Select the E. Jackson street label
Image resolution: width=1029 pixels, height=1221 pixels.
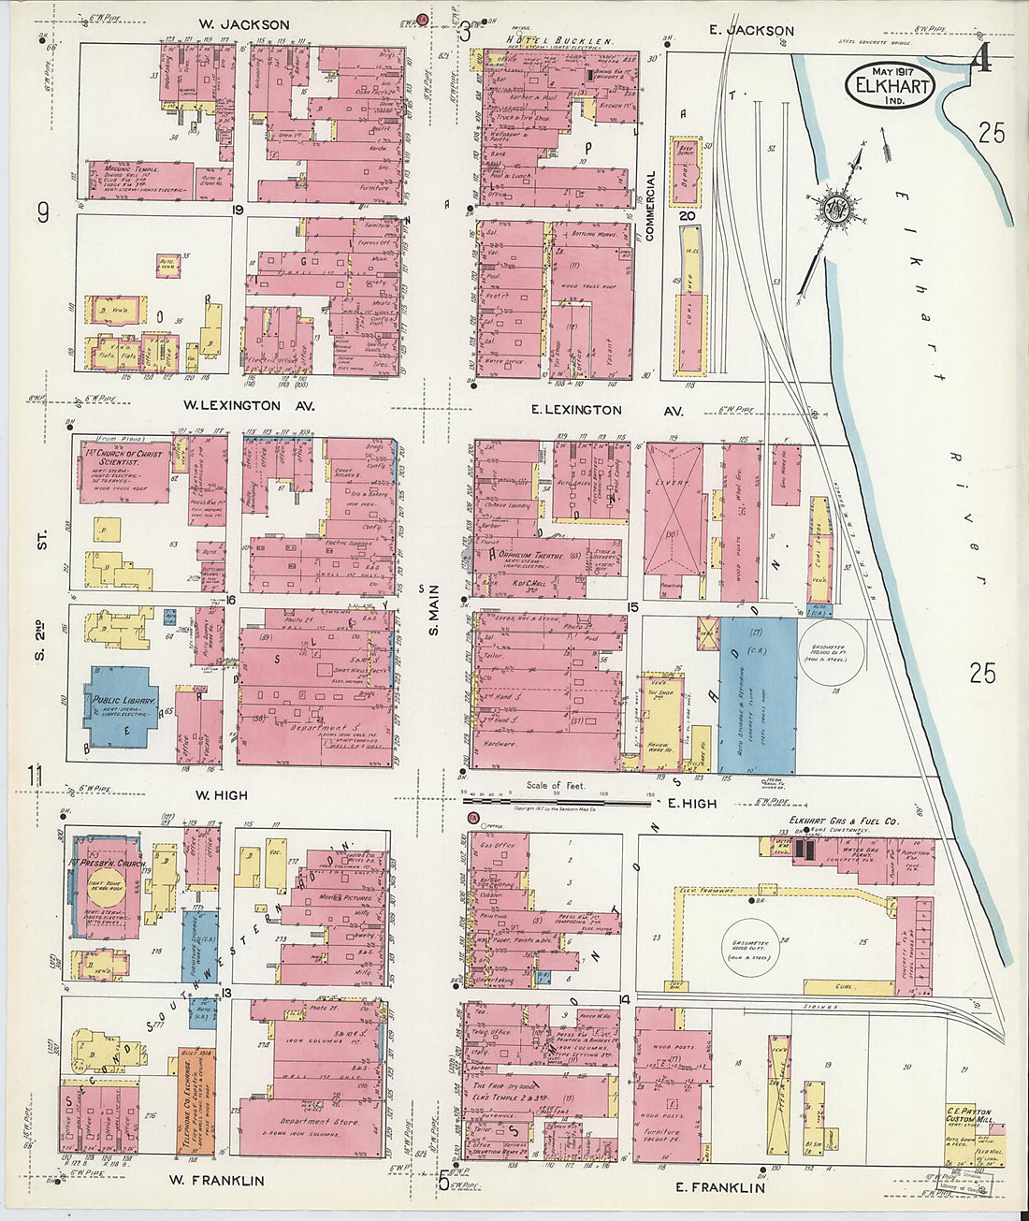pyautogui.click(x=751, y=31)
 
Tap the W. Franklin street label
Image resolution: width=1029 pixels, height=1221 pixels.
pyautogui.click(x=216, y=1180)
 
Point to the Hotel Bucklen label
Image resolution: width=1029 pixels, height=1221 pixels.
pyautogui.click(x=559, y=42)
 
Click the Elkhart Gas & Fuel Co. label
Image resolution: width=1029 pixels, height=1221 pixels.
pyautogui.click(x=839, y=821)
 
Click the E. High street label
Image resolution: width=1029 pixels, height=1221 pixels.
pyautogui.click(x=692, y=803)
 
